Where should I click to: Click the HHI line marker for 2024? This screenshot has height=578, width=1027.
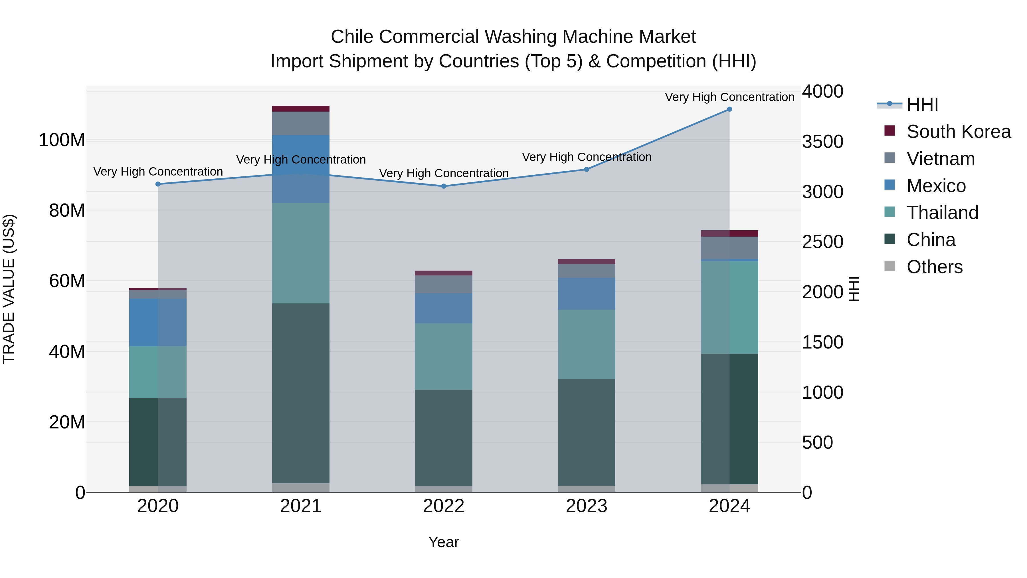click(x=729, y=109)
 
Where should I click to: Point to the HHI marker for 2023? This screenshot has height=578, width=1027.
click(x=587, y=169)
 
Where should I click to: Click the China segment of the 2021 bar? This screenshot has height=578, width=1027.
click(x=301, y=393)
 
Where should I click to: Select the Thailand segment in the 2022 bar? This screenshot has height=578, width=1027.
click(x=444, y=356)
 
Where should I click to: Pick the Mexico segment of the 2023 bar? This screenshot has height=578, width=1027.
click(x=587, y=294)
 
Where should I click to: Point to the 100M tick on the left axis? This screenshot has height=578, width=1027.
click(x=62, y=140)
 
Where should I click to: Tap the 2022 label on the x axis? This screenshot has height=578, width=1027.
click(x=444, y=506)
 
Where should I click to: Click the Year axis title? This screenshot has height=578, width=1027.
click(x=443, y=542)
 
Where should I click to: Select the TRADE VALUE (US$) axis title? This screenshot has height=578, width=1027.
click(x=9, y=289)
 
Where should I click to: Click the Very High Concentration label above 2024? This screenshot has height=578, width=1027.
click(x=729, y=97)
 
